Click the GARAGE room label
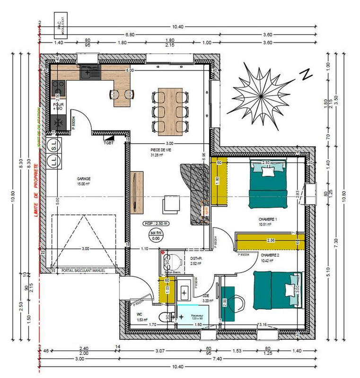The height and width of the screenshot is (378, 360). click(83, 179)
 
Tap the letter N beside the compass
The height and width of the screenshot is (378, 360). click(307, 74)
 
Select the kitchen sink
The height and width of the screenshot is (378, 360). click(90, 72)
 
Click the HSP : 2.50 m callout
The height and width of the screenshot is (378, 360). click(156, 223)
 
